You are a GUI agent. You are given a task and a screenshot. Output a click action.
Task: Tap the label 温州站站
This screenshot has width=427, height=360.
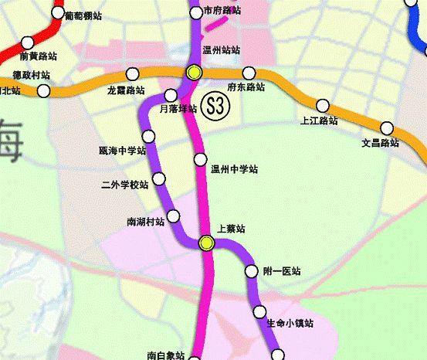(x=221, y=49)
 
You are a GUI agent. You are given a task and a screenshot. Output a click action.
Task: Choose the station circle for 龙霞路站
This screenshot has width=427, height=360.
(x=133, y=74)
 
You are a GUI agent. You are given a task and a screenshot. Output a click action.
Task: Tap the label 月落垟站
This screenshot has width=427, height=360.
(x=178, y=109)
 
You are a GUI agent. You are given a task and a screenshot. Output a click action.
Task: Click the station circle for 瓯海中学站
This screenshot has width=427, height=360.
(x=149, y=137)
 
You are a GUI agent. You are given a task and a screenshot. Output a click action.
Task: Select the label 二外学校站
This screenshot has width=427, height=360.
(x=124, y=185)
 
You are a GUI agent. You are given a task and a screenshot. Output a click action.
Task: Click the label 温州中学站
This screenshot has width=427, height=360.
(x=234, y=169)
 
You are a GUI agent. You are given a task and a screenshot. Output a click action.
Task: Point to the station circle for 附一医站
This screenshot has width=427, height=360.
(x=250, y=271)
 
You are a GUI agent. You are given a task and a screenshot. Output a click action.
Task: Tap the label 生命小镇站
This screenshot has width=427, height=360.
(x=290, y=323)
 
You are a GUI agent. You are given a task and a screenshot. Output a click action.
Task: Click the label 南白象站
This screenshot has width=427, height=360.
(x=165, y=355)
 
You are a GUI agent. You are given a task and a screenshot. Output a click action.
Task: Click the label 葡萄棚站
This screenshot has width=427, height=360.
(x=83, y=15)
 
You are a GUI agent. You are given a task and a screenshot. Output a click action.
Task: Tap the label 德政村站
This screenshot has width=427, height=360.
(x=32, y=76)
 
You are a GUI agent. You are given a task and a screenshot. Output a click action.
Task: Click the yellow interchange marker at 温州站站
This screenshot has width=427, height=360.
(x=193, y=73)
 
